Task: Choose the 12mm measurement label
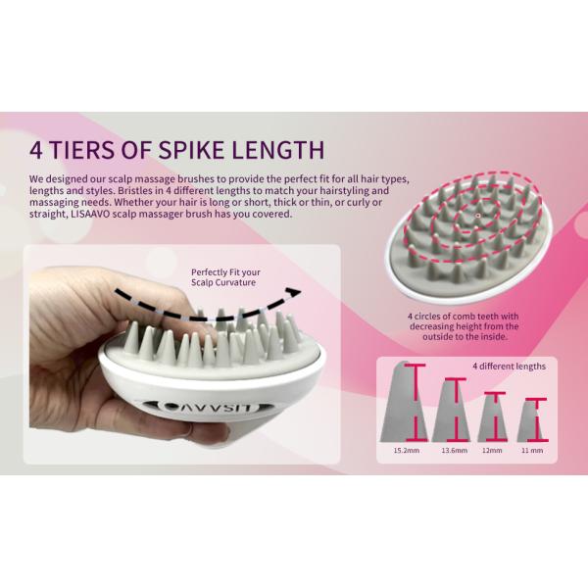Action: point(492,452)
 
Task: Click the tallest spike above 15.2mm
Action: point(397,403)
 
